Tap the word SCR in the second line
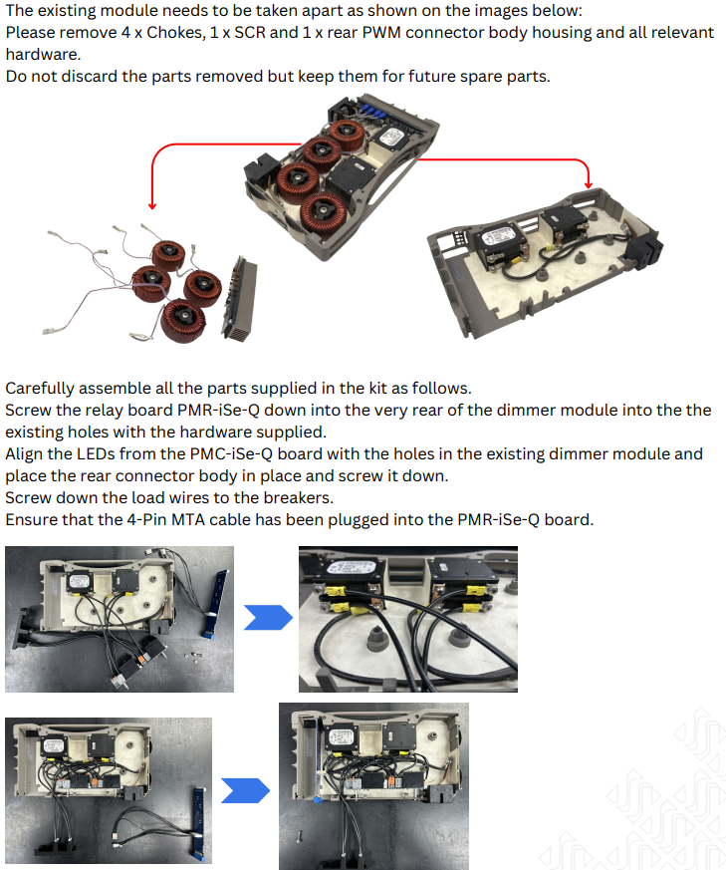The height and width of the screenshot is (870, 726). (x=249, y=33)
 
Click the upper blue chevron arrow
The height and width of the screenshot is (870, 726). (x=268, y=618)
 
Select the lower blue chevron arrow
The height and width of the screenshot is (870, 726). (x=245, y=790)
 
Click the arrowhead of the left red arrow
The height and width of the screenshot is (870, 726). (x=152, y=205)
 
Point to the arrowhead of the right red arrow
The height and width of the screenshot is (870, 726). (x=589, y=184)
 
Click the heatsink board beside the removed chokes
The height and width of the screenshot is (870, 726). (x=240, y=299)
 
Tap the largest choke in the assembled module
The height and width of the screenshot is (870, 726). (x=325, y=213)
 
